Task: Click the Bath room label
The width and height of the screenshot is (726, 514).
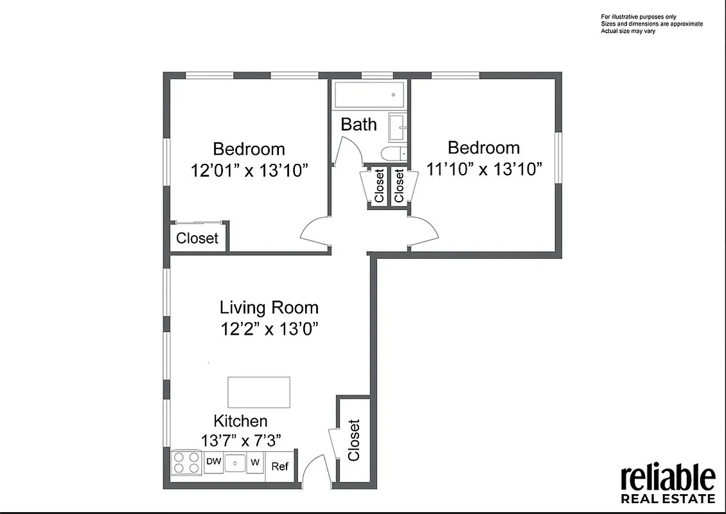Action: (359, 124)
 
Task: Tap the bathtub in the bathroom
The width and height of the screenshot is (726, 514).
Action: (369, 95)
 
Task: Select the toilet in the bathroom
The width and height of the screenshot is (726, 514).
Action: (391, 153)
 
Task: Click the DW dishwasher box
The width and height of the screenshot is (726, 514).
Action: (213, 462)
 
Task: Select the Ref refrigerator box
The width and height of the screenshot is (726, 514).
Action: (279, 466)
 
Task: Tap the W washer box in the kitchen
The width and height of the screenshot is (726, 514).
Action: (255, 462)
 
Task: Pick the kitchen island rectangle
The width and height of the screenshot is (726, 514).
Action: (258, 392)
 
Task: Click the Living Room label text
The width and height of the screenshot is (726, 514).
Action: (269, 307)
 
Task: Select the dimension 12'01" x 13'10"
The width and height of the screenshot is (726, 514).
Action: (249, 171)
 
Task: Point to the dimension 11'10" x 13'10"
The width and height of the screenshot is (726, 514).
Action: (484, 169)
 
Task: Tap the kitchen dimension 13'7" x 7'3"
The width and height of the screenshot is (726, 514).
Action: (240, 441)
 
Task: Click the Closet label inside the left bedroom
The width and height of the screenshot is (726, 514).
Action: (197, 238)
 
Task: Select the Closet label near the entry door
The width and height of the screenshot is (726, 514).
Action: (354, 440)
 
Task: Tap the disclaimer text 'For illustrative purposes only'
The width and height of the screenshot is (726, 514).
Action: (638, 17)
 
